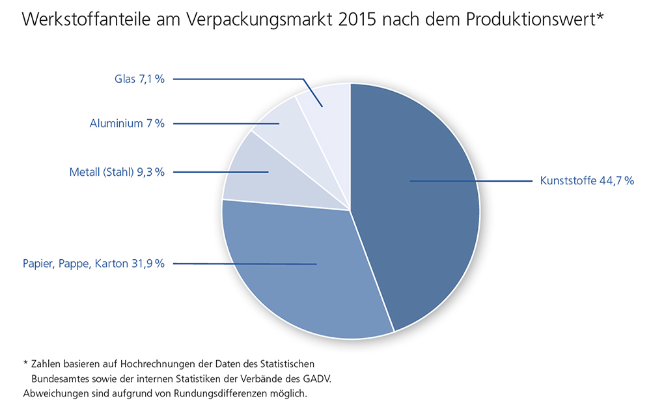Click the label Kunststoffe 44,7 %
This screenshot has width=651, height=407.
pos(587,181)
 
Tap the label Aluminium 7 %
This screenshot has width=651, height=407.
pos(127,123)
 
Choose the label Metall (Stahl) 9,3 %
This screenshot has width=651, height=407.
pos(117,172)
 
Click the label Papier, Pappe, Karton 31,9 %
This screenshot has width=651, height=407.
pos(94,264)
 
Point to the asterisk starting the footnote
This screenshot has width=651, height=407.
pos(25,361)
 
